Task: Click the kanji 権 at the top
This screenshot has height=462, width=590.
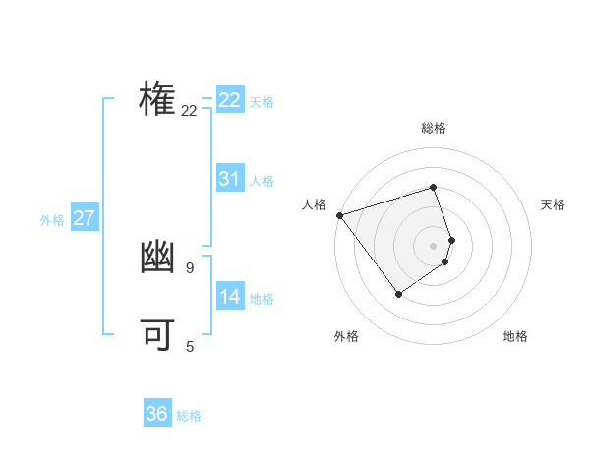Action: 158,100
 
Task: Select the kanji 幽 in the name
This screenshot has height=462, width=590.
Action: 158,258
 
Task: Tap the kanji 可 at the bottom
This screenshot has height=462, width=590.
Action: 158,334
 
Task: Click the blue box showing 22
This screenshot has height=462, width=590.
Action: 230,100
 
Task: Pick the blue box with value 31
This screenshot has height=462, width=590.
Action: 230,179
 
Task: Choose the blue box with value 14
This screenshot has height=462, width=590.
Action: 230,297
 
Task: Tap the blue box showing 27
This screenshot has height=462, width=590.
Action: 84,218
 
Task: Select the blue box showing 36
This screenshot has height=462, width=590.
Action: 157,414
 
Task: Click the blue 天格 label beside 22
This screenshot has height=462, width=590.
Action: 262,102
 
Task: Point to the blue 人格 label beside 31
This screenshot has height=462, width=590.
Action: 262,181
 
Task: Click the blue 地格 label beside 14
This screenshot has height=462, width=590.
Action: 262,299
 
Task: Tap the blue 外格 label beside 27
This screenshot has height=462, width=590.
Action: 52,220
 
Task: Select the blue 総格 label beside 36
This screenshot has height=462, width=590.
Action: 189,416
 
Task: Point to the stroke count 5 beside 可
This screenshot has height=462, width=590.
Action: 190,346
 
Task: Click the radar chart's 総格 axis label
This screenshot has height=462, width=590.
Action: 434,128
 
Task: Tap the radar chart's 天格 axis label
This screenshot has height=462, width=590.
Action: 554,204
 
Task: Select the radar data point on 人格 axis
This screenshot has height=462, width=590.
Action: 339,214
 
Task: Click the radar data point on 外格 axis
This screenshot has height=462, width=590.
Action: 398,293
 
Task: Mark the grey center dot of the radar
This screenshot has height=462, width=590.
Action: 434,245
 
